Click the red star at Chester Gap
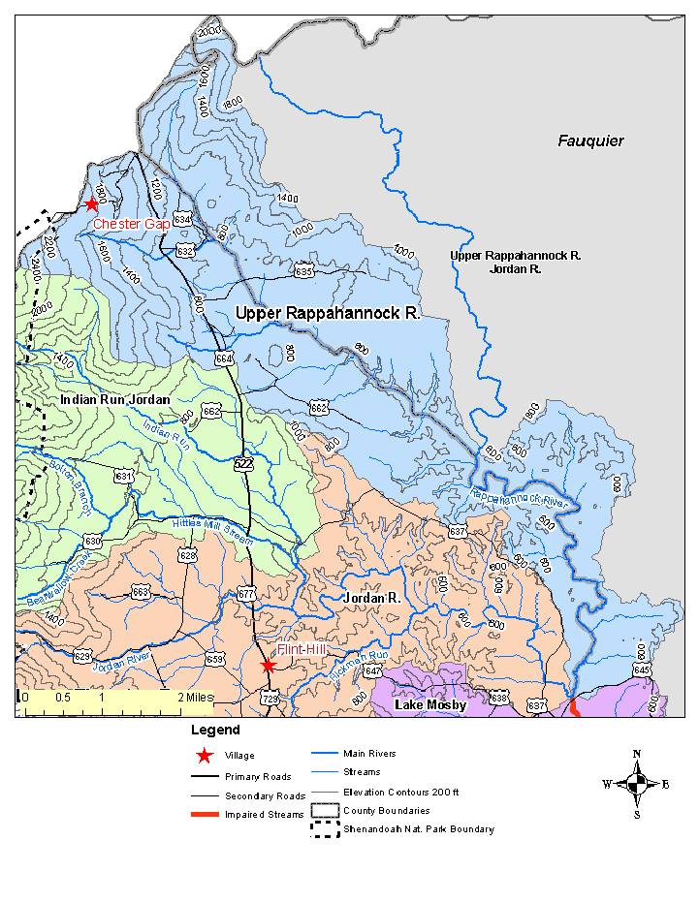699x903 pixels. (91, 203)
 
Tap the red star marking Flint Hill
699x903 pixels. (269, 666)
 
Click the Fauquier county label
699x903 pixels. (590, 141)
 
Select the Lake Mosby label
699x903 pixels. (430, 705)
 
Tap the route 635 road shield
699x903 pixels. (304, 271)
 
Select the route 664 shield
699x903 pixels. (225, 358)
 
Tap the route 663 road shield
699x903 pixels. (141, 592)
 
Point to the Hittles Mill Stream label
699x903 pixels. (212, 530)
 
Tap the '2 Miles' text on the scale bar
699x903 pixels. (195, 697)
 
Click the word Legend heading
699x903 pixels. (215, 730)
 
